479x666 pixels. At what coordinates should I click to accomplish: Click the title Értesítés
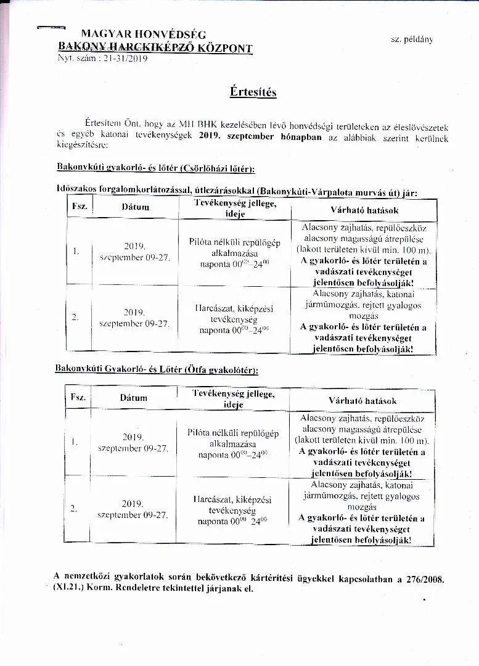253,92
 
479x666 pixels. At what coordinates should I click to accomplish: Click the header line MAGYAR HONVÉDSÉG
144,35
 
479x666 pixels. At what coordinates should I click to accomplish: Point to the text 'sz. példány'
411,39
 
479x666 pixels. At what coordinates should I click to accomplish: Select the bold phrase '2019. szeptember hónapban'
260,137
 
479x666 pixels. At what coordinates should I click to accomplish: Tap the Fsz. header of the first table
79,207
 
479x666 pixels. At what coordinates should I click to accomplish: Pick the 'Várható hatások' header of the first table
364,210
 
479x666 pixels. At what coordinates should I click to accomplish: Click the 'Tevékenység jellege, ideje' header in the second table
234,399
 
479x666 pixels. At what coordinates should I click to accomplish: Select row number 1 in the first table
75,252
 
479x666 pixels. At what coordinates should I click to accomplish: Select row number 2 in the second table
74,509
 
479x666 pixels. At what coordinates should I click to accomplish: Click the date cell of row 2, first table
134,318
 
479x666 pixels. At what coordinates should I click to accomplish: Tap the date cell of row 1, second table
133,442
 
